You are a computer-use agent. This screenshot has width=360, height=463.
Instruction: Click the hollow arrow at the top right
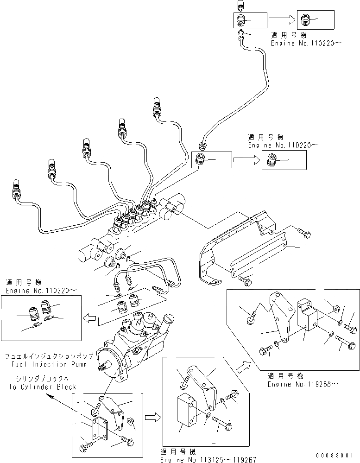click(x=281, y=20)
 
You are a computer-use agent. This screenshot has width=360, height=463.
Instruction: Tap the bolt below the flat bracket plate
click(x=246, y=279)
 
